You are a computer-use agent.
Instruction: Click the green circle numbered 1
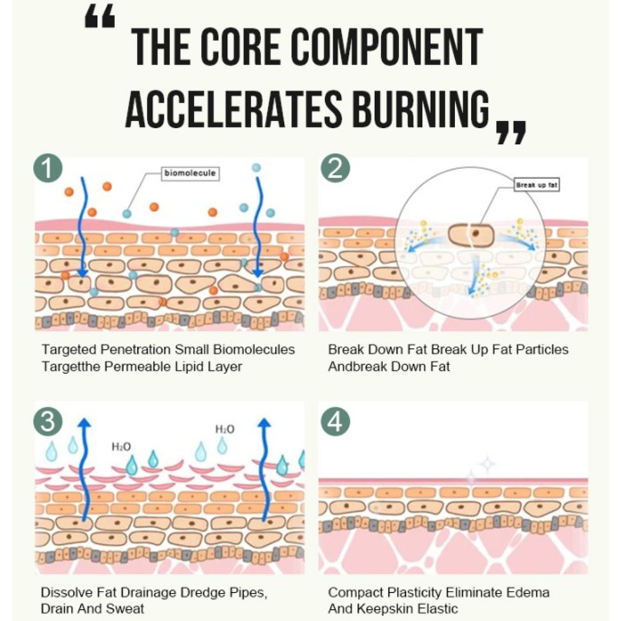click(48, 168)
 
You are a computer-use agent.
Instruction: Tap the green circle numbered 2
click(335, 168)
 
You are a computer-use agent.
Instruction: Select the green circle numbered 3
click(48, 421)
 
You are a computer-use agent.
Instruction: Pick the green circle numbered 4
click(335, 421)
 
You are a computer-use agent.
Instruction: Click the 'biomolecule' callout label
click(190, 173)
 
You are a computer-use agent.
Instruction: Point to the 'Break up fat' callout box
click(537, 185)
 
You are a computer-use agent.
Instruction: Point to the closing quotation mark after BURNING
click(512, 132)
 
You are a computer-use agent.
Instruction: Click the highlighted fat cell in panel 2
click(471, 234)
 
